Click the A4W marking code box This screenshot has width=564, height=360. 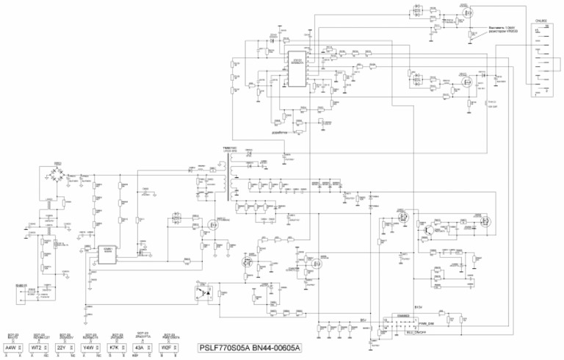point(11,347)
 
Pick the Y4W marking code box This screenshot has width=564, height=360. point(89,347)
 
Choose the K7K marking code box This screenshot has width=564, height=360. point(115,347)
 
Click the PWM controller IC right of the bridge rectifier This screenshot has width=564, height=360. point(107,251)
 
